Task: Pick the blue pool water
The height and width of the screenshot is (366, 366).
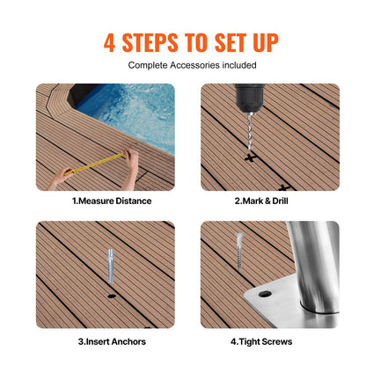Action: point(132,110)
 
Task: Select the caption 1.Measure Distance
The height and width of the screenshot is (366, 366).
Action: point(111,201)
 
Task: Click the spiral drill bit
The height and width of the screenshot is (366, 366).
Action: point(245,132)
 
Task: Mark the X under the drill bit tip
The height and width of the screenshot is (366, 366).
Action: point(251,159)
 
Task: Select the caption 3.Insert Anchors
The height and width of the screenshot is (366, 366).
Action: point(111,340)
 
